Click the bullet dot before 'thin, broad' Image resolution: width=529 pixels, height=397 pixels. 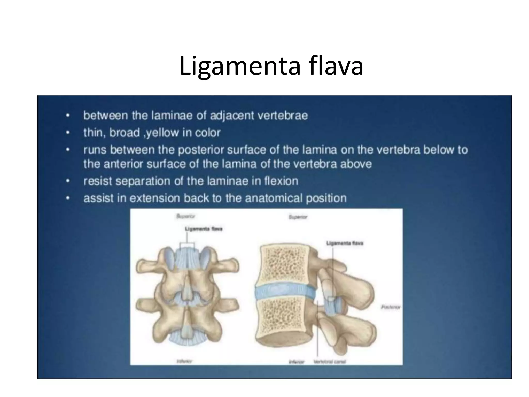point(68,133)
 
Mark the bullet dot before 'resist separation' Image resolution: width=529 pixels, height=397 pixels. point(68,181)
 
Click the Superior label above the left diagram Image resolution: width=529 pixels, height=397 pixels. point(185,216)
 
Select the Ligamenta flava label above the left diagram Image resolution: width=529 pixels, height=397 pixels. point(204,229)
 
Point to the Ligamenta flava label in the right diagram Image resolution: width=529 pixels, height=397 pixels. point(345,243)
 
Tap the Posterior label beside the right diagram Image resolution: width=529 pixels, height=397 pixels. point(390,307)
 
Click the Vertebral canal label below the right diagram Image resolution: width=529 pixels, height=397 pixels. point(330,362)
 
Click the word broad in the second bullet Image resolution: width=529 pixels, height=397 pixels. point(125,133)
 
